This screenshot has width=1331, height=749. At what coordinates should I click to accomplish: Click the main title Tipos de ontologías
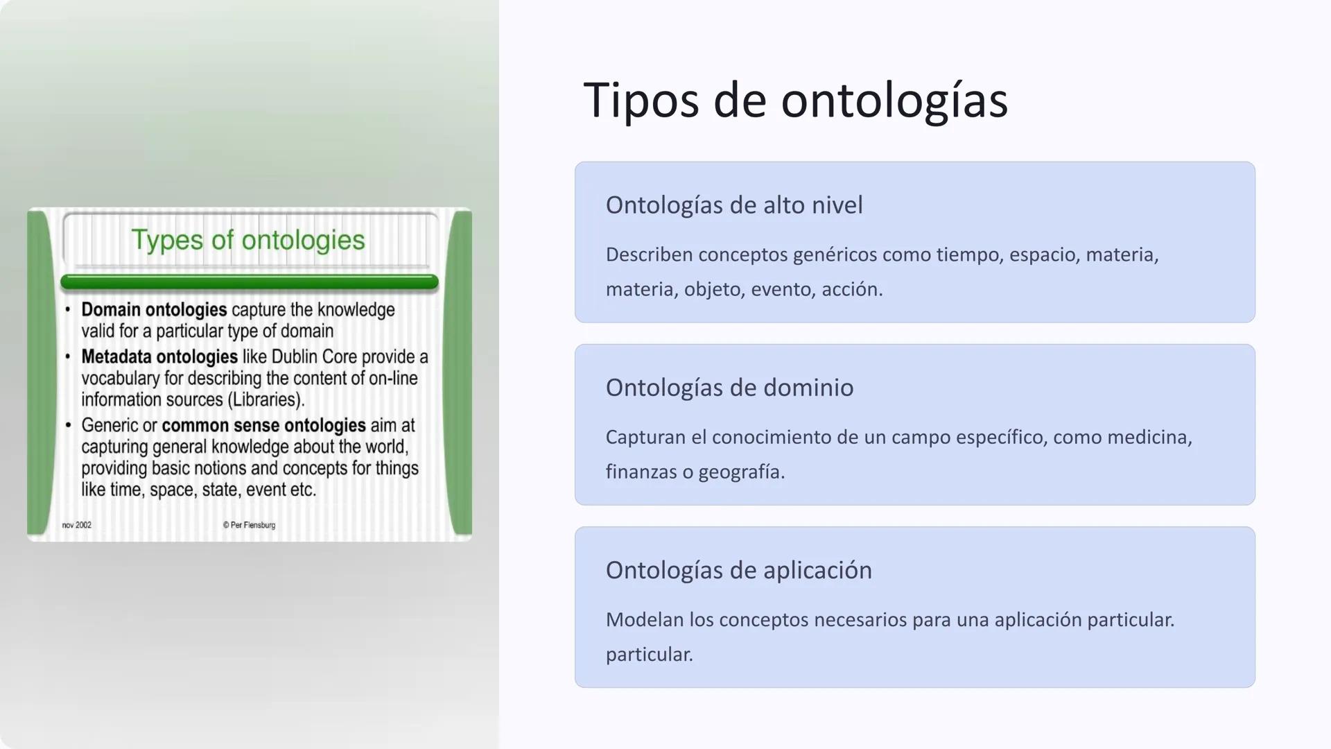click(x=795, y=101)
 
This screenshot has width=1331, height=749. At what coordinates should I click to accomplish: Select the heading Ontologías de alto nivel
click(x=734, y=205)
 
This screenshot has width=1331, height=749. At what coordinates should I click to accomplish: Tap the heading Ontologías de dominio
click(x=729, y=388)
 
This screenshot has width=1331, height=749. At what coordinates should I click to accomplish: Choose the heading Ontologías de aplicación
click(x=738, y=570)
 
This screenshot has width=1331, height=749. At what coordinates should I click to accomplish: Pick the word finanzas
click(x=641, y=472)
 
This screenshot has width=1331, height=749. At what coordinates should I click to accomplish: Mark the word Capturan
click(x=647, y=438)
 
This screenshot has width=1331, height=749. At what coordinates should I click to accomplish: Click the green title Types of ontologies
click(x=248, y=240)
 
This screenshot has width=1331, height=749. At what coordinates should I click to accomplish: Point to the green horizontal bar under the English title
click(x=250, y=282)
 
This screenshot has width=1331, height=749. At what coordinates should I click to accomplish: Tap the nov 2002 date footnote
click(x=76, y=525)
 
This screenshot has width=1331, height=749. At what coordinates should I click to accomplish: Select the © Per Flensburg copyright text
click(x=249, y=525)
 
